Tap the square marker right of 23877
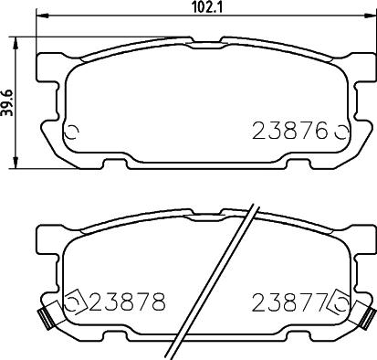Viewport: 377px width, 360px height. [x=340, y=300]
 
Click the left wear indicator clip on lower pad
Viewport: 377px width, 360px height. [x=41, y=318]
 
